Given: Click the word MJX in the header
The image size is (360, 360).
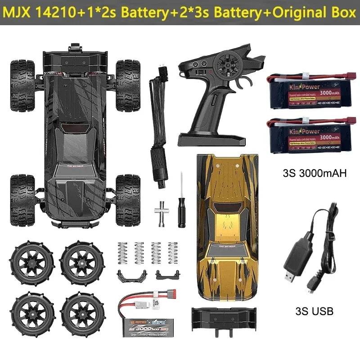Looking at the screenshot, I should (22, 12).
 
